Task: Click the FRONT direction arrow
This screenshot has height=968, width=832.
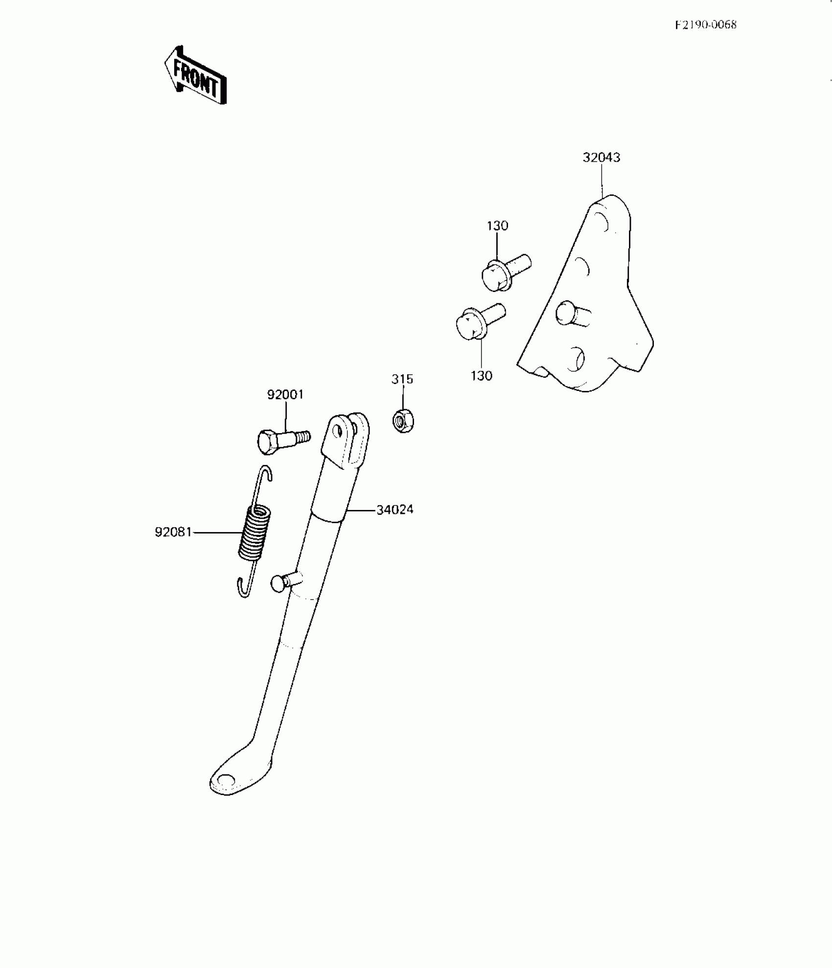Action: click(x=195, y=75)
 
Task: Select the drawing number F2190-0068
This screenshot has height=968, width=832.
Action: click(x=705, y=24)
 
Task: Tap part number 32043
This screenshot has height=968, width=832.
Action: click(x=601, y=157)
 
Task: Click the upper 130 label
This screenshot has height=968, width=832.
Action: click(x=497, y=226)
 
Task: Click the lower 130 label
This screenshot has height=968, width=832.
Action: click(x=481, y=376)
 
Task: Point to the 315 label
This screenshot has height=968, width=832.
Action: click(x=402, y=379)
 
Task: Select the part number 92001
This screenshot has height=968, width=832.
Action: click(x=285, y=394)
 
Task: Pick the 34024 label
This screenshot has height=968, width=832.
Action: click(x=394, y=510)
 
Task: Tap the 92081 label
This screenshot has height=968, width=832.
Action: click(x=173, y=532)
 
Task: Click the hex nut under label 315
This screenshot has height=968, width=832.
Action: click(x=403, y=421)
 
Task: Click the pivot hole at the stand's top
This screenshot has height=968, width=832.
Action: click(x=336, y=431)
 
